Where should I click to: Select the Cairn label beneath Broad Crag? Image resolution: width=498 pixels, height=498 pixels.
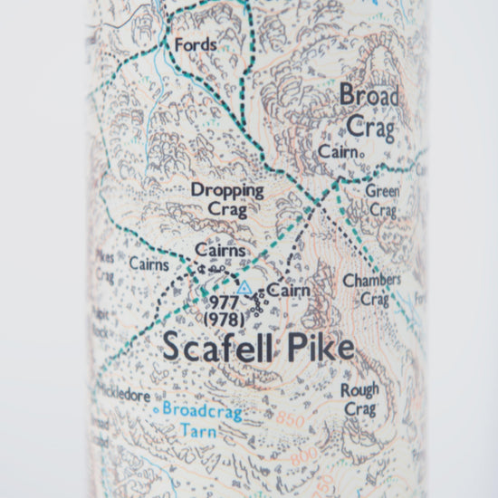(339, 153)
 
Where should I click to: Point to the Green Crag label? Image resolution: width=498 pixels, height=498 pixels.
(381, 200)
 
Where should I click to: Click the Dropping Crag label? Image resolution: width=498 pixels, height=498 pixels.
(227, 198)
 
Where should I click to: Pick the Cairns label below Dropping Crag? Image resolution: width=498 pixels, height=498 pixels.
(221, 250)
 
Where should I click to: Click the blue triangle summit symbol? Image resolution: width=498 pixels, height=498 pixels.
(244, 287)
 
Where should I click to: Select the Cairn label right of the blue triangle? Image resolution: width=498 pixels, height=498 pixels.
(287, 291)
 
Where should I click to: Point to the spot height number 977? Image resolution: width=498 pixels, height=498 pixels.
(223, 304)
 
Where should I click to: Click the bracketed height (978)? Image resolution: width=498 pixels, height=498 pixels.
(222, 321)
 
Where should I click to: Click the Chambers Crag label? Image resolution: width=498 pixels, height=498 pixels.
(371, 290)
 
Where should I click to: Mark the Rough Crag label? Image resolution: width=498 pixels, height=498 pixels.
(359, 399)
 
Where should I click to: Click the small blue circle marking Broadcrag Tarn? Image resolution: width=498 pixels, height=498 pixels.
(156, 409)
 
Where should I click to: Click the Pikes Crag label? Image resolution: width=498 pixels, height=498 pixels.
(105, 265)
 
